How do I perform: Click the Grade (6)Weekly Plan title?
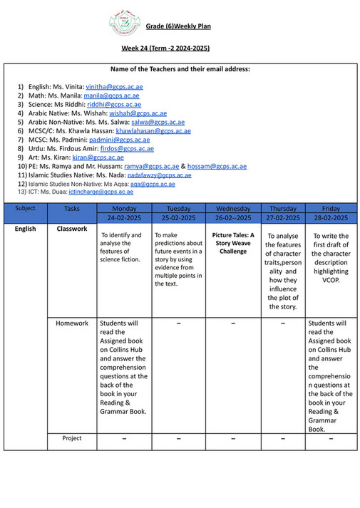click(178, 26)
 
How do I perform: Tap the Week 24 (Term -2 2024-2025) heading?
click(165, 48)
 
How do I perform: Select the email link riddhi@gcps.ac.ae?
click(114, 104)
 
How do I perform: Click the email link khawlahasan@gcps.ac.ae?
click(153, 131)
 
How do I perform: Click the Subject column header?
click(25, 209)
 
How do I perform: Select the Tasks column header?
click(72, 209)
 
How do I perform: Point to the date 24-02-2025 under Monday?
click(125, 217)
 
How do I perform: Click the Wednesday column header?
click(233, 209)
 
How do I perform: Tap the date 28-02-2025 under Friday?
click(331, 217)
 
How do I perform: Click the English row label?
click(25, 229)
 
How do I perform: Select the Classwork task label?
click(72, 229)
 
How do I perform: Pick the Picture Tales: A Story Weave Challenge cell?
click(233, 243)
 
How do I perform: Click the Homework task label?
click(72, 323)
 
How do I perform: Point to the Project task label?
click(72, 438)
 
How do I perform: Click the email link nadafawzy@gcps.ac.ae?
click(159, 175)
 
